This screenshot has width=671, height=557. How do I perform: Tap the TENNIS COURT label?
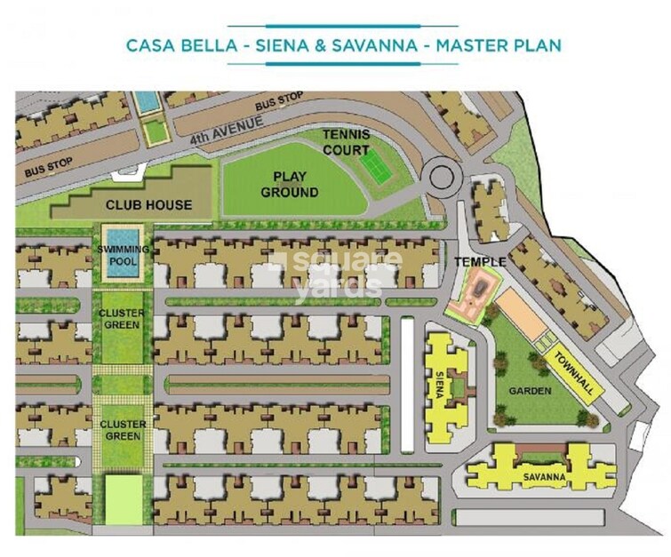pyautogui.click(x=346, y=142)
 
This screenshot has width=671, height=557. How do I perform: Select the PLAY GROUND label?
pyautogui.click(x=294, y=185)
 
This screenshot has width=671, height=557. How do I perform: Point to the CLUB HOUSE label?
pyautogui.click(x=148, y=205)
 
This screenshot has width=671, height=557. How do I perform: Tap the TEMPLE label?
pyautogui.click(x=480, y=262)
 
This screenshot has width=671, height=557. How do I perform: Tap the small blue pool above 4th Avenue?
pyautogui.click(x=144, y=101)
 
